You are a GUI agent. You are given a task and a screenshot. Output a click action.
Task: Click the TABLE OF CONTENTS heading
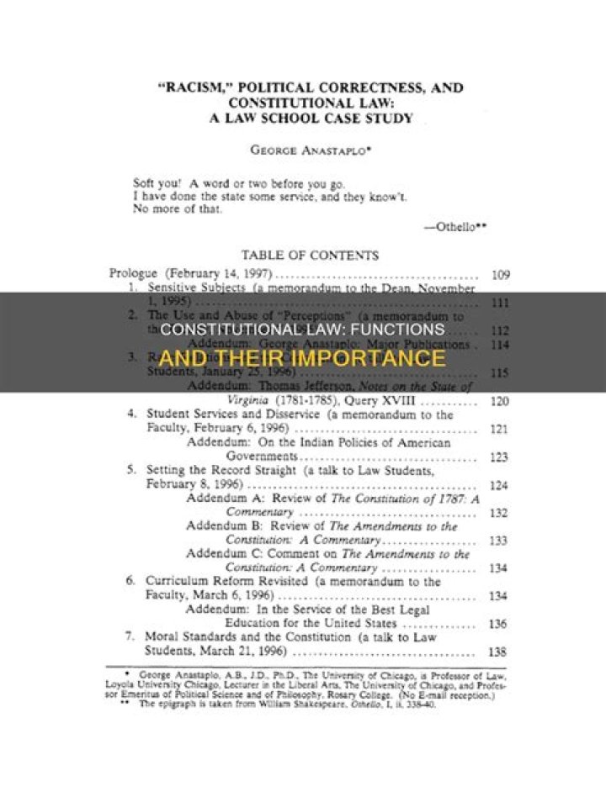tap(310, 255)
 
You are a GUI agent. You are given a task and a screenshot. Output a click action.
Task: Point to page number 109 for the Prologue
tap(499, 275)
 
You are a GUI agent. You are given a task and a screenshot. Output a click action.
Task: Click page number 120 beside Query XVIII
tap(499, 401)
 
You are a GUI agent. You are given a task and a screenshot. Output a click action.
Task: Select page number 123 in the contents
tap(499, 457)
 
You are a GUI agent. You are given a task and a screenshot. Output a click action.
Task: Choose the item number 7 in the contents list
tap(131, 636)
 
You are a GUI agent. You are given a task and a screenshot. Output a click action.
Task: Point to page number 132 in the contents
tap(499, 512)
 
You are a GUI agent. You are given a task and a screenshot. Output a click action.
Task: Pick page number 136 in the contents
tap(499, 623)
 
